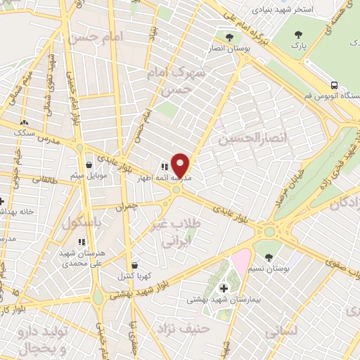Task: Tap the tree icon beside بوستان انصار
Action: pos(229,37)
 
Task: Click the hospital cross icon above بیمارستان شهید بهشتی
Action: pos(224,288)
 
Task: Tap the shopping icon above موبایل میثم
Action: pos(89,165)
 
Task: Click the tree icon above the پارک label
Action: pos(300,34)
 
